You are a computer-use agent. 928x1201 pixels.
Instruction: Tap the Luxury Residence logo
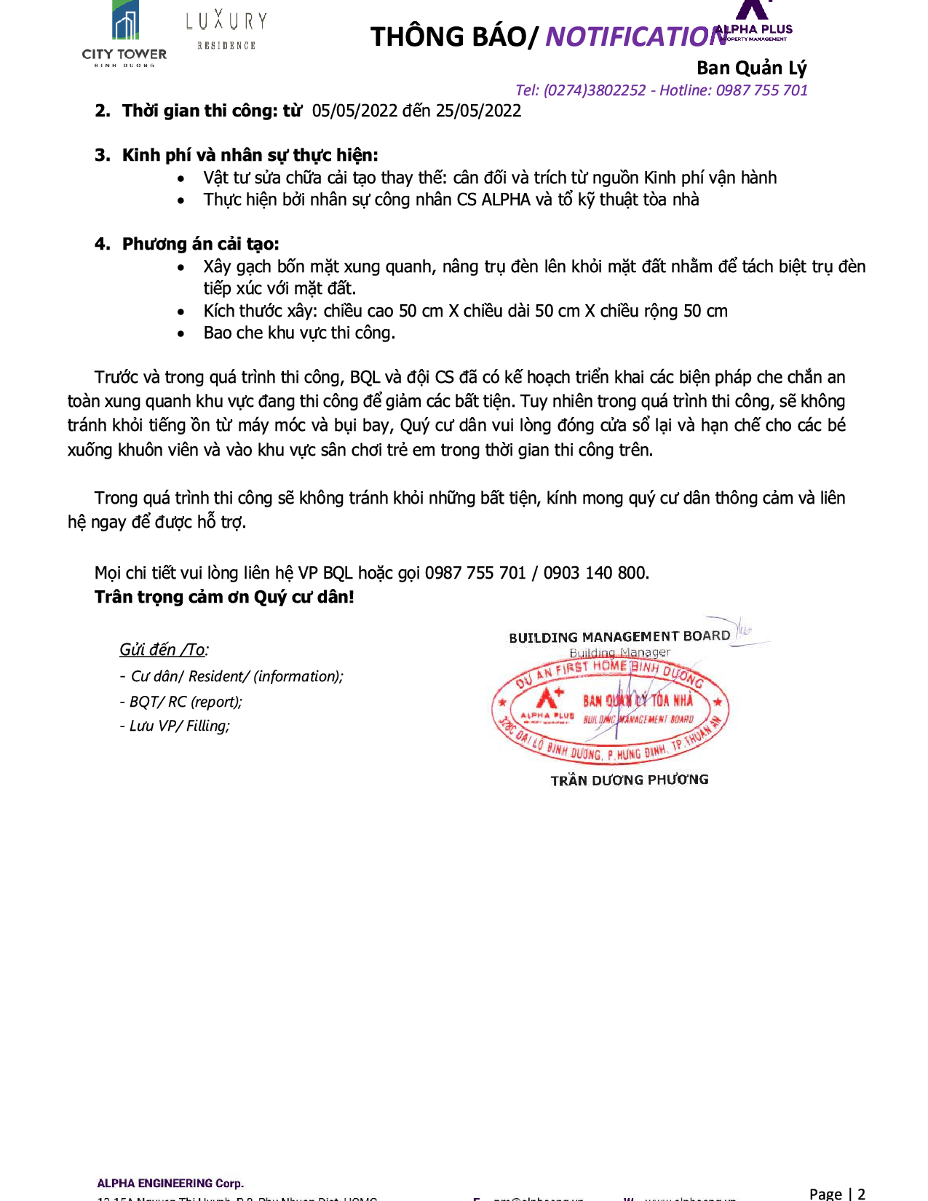226,30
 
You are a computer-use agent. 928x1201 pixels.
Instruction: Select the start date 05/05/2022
354,111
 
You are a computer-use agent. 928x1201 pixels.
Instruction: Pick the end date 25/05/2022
478,111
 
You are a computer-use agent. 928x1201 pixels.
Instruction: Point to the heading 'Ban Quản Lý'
751,68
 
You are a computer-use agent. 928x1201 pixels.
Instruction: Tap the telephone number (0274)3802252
594,90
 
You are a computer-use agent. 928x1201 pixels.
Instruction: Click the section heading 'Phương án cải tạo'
200,244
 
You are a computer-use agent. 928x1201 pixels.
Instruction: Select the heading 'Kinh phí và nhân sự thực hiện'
250,155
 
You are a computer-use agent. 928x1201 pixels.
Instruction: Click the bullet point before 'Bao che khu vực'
181,334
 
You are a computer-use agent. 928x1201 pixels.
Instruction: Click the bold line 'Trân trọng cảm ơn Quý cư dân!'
224,597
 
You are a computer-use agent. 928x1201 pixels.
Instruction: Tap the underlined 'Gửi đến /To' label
163,649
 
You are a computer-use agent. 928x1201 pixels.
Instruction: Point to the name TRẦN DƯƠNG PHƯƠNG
629,780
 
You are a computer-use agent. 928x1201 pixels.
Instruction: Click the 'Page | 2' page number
837,1193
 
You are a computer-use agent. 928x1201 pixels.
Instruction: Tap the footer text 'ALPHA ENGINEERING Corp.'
170,1183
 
